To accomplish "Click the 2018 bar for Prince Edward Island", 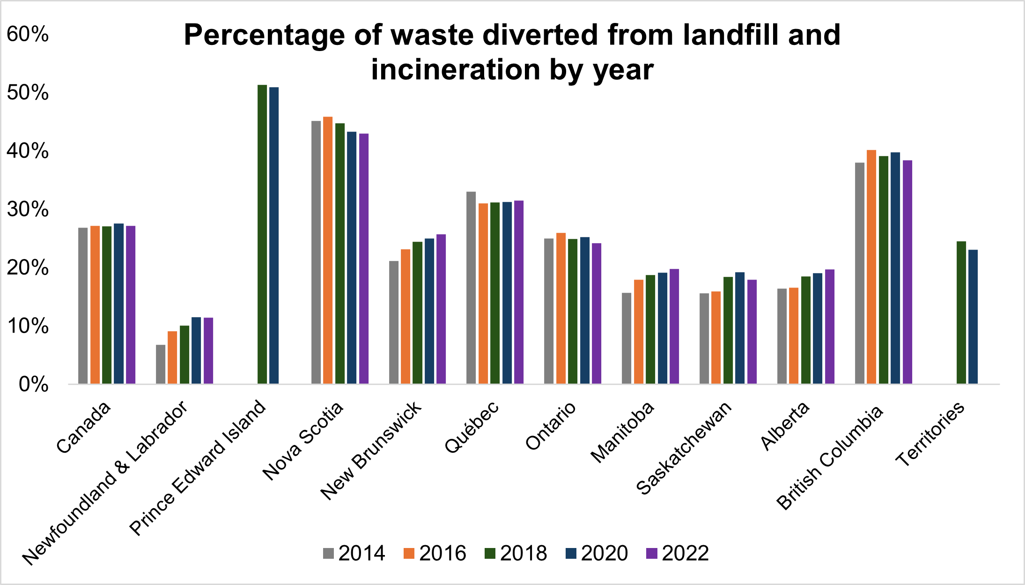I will click(x=262, y=234).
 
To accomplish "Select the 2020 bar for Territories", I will click(x=973, y=317).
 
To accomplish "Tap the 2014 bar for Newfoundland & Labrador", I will click(x=161, y=364).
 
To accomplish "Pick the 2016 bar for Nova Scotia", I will click(x=328, y=250).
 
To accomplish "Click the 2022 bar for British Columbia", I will click(x=907, y=272).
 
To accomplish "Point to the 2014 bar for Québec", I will click(x=471, y=288).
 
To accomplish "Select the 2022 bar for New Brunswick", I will click(x=441, y=309).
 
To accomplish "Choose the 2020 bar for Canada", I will click(x=119, y=304).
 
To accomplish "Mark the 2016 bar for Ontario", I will click(x=561, y=308).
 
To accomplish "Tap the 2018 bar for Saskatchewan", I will click(x=728, y=330).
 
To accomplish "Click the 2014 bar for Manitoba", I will click(x=627, y=338).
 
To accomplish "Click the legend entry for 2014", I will click(x=354, y=553).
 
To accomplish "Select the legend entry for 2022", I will click(x=678, y=553).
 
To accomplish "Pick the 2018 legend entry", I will click(x=516, y=553).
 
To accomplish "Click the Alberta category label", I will click(x=785, y=426).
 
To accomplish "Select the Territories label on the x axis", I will click(x=930, y=434).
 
